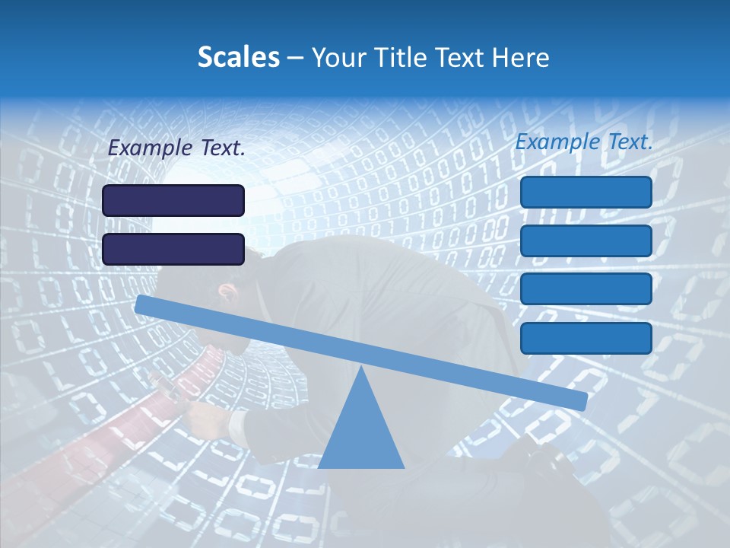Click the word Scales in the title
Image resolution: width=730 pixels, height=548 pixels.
coord(238,58)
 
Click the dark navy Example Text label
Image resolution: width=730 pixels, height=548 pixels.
coord(176,148)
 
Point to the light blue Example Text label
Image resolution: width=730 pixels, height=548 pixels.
coord(584,142)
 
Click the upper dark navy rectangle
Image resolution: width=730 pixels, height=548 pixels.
coord(173,201)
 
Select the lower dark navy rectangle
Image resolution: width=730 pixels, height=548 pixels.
coord(173,250)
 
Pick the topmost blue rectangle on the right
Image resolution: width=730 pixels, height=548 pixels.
coord(586,192)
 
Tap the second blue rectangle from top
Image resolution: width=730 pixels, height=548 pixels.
coord(586,241)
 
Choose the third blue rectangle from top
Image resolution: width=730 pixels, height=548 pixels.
coord(586,289)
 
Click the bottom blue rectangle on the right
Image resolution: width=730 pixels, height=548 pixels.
coord(586,338)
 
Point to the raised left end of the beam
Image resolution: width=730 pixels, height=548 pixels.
coord(144,304)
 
